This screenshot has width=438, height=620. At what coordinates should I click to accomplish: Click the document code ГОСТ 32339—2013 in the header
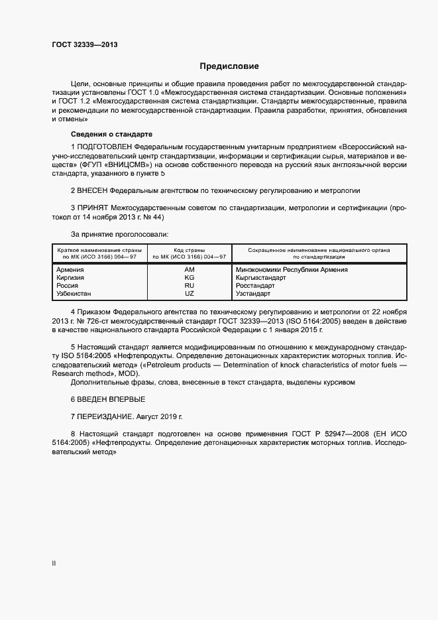[84, 44]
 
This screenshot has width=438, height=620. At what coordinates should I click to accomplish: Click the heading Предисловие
[229, 66]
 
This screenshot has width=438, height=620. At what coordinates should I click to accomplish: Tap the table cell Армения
[70, 270]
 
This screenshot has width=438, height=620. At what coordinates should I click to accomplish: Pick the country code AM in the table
[190, 270]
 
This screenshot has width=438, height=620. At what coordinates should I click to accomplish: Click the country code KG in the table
[190, 278]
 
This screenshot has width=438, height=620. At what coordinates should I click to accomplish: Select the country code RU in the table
[190, 285]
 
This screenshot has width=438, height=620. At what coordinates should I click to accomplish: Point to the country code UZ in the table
[190, 293]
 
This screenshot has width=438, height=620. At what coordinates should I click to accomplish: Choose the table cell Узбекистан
[74, 293]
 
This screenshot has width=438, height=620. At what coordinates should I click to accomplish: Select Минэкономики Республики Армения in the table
[292, 270]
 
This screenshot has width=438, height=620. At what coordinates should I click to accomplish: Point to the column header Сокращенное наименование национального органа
[319, 250]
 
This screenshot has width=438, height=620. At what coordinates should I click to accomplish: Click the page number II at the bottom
[54, 563]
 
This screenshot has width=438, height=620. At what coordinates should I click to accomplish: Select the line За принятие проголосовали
[119, 234]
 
